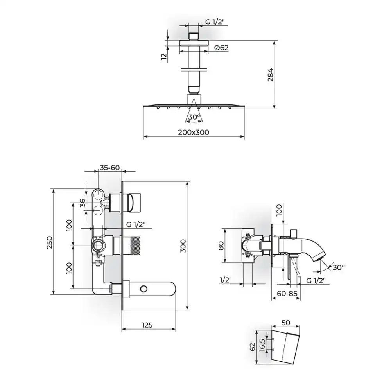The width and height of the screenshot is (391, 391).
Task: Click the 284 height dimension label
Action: pyautogui.click(x=271, y=75)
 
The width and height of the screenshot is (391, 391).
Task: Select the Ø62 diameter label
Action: pyautogui.click(x=221, y=47)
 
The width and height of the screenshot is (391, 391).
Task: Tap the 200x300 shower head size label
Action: pyautogui.click(x=194, y=132)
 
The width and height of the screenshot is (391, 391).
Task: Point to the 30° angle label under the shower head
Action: pyautogui.click(x=194, y=117)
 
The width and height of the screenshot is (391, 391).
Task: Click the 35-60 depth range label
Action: pyautogui.click(x=110, y=168)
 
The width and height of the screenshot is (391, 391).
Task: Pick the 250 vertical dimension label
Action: pyautogui.click(x=50, y=242)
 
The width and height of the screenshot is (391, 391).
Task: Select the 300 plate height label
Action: pyautogui.click(x=183, y=246)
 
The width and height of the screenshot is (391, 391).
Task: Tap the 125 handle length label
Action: pyautogui.click(x=147, y=325)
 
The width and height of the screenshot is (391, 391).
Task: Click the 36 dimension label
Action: pyautogui.click(x=83, y=203)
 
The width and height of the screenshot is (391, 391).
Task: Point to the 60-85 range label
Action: pyautogui.click(x=287, y=294)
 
